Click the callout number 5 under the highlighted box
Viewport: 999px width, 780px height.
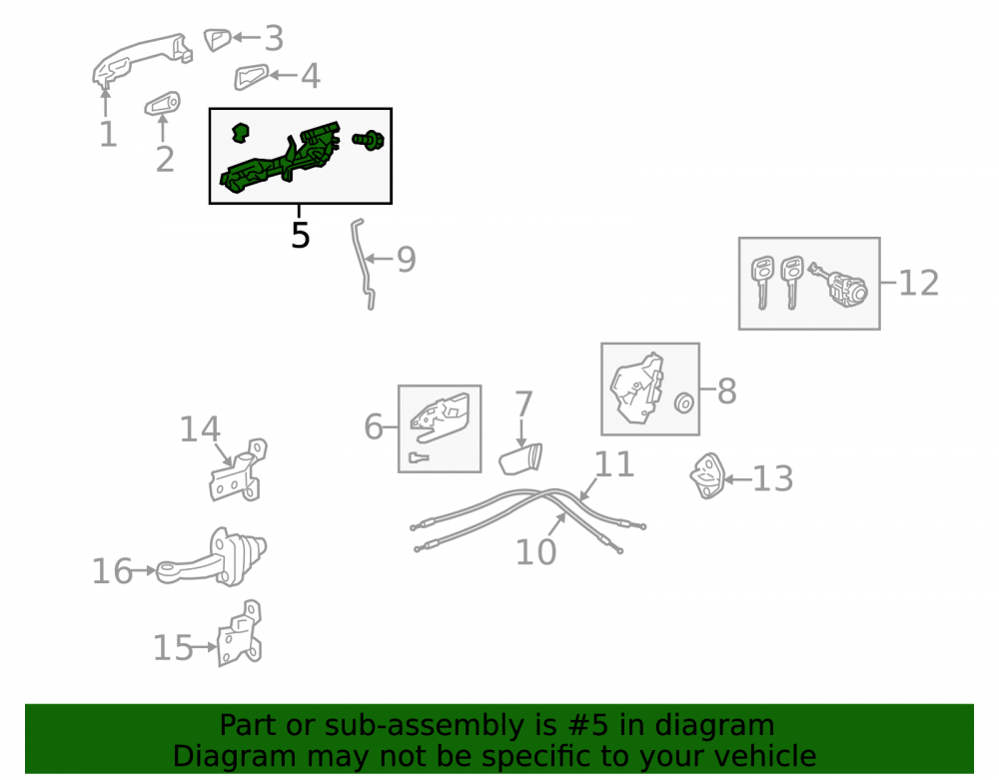[x=300, y=235]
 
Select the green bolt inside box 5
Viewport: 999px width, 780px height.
[x=368, y=139]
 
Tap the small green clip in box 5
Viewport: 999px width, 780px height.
[x=240, y=132]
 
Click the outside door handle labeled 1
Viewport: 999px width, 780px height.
[x=142, y=59]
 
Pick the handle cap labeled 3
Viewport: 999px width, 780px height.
[x=217, y=39]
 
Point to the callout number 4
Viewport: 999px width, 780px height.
[x=311, y=76]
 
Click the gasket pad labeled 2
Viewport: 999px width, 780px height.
[x=162, y=104]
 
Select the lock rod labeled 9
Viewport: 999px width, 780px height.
[x=362, y=265]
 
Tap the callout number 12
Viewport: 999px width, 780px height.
[x=918, y=283]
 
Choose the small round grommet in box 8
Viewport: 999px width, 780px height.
[x=683, y=403]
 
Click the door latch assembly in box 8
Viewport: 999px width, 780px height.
[x=636, y=388]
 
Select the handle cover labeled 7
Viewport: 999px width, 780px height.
[x=520, y=459]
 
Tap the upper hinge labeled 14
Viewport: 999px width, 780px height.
[x=238, y=471]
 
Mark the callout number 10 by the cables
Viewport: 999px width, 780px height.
[x=535, y=551]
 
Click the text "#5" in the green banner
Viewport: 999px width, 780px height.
[x=586, y=725]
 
